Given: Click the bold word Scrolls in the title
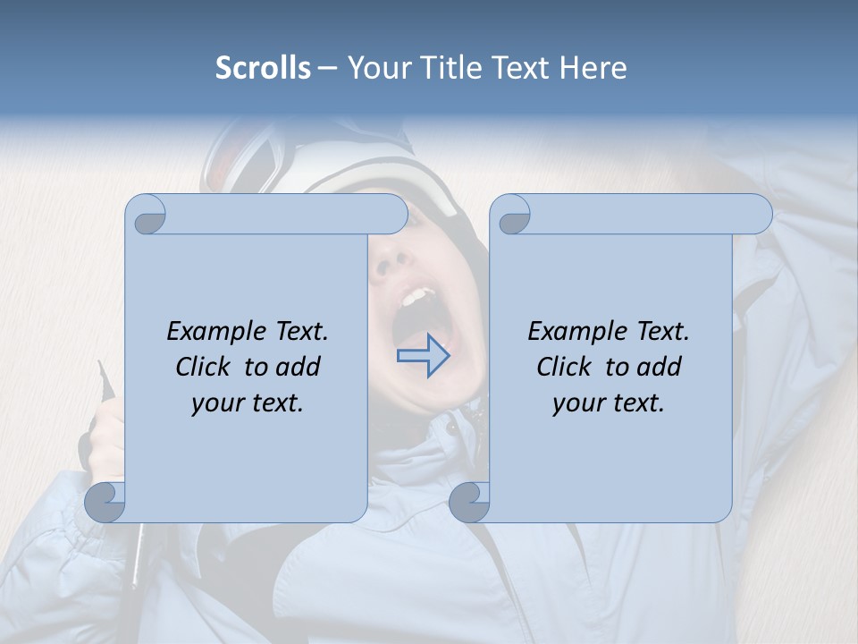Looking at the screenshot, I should [263, 68].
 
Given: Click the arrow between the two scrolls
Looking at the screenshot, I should [423, 357].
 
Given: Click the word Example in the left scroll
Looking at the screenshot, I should [208, 332].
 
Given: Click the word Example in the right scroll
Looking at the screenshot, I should [569, 332].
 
